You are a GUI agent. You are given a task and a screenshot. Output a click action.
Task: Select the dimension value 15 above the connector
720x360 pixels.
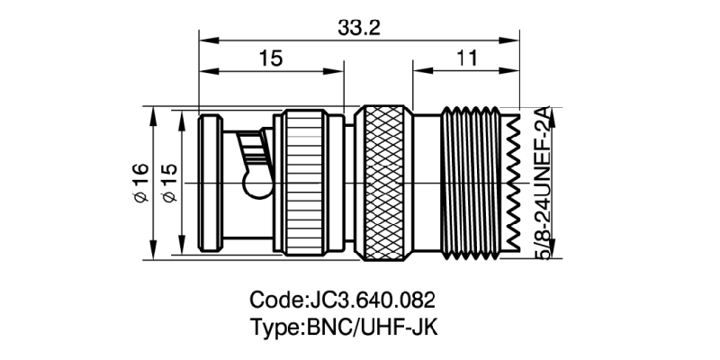[x=271, y=58]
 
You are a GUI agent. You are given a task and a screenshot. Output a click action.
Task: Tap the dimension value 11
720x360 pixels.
[x=466, y=58]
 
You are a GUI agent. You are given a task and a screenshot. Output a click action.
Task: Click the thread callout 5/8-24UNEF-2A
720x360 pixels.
[x=543, y=184]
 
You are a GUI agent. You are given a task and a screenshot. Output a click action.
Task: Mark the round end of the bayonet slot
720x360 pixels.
[x=256, y=187]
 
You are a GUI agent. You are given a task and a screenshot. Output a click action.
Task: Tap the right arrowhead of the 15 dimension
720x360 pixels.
[x=339, y=70]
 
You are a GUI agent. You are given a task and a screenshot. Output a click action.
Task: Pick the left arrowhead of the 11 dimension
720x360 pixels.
[x=418, y=70]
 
